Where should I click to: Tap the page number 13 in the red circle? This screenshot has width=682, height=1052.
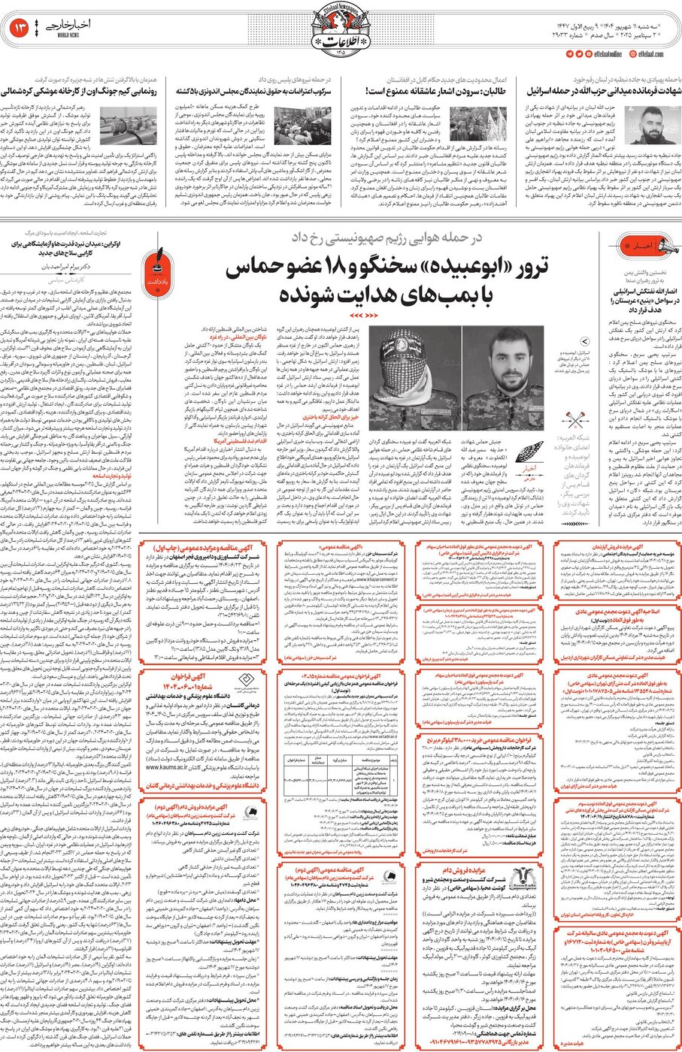20,29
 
